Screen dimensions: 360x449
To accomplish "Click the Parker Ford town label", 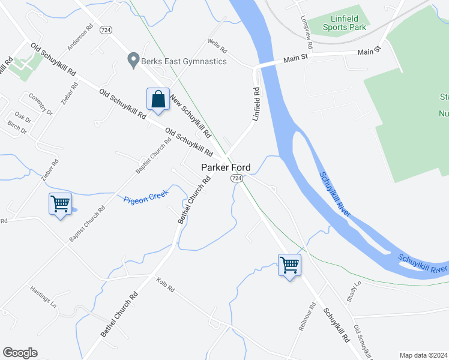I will click(225, 167).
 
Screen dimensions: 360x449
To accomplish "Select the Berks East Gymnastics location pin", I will click(133, 61).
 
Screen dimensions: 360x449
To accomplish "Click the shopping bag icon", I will click(157, 100).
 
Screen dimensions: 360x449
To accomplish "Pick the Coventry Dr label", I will click(41, 104).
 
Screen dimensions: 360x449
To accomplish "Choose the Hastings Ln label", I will click(43, 296).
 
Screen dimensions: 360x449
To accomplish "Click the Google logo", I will click(20, 353).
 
